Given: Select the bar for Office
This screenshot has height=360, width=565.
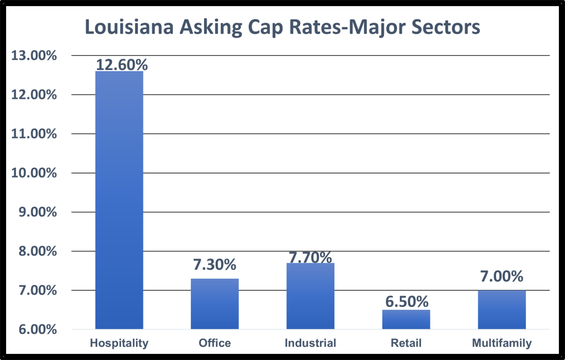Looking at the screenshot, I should pos(215,304).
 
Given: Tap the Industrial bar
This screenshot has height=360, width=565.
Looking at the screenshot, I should pos(310,296).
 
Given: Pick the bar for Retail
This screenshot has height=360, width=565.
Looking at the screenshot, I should pos(406,319).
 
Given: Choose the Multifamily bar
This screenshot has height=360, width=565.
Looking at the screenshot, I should pos(502,310).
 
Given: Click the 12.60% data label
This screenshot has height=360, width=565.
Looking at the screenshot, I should pos(122,65).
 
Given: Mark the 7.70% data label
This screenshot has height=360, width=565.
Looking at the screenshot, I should pos(310,257).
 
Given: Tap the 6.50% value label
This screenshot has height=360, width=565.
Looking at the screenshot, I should pos(406,301).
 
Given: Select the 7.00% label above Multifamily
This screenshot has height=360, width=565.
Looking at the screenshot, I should pos(502,276).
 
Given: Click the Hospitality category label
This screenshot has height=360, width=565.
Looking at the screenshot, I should pos(119,343).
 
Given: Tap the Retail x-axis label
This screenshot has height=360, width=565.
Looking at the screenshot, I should pos(406,343).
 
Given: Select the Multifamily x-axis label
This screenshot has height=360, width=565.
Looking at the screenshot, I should pos(502,343).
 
